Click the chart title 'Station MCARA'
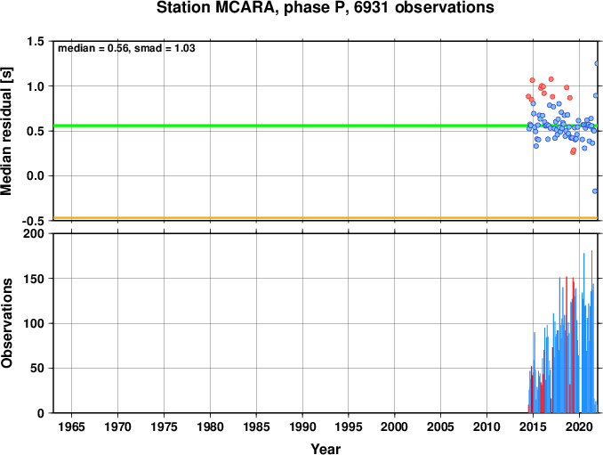[x=216, y=8]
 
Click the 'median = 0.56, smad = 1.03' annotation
[x=126, y=48]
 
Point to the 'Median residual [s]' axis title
[x=6, y=131]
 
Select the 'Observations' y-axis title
[x=6, y=323]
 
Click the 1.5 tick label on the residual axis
[x=35, y=41]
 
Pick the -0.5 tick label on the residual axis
[x=33, y=221]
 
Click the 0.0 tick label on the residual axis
[x=35, y=176]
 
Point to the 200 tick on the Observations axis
[x=34, y=233]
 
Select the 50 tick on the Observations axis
[x=37, y=369]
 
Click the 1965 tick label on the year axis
[x=71, y=427]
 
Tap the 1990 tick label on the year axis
[x=302, y=427]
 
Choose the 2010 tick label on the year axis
[x=486, y=427]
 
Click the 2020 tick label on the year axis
[x=579, y=427]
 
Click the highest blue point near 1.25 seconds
[x=597, y=63]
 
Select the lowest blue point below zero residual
[x=595, y=191]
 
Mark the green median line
[x=326, y=126]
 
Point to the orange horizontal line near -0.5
[x=326, y=218]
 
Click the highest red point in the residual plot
[x=551, y=79]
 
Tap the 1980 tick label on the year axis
[x=210, y=427]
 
